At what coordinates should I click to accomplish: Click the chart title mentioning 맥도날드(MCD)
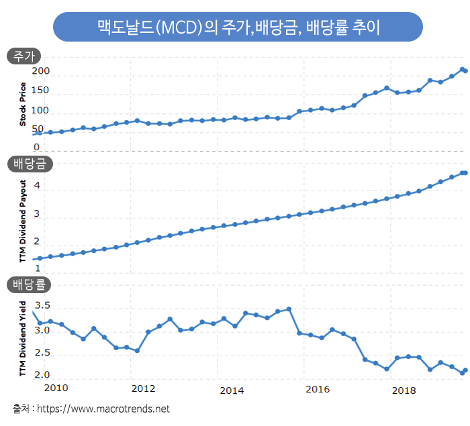[x=238, y=28]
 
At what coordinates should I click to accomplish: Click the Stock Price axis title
[x=22, y=104]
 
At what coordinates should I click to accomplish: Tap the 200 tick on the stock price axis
[x=41, y=71]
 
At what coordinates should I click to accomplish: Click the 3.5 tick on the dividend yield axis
[x=41, y=305]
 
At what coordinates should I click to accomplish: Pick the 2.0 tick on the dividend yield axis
[x=41, y=374]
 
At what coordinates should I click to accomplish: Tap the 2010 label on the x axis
[x=56, y=388]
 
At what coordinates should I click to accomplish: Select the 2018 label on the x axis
[x=403, y=390]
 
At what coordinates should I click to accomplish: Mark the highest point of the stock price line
[x=462, y=68]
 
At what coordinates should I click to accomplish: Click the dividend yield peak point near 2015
[x=289, y=309]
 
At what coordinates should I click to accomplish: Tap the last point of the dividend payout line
[x=465, y=173]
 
